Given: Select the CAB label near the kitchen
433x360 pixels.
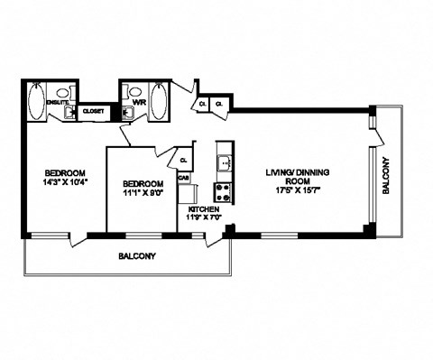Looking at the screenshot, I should click(183, 178).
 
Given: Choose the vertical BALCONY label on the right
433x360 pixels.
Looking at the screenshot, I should click(386, 177).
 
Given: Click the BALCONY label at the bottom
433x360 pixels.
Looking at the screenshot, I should click(137, 256).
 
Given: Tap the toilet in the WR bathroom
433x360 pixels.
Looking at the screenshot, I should click(134, 91).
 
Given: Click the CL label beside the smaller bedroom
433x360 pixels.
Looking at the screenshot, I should click(183, 161).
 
